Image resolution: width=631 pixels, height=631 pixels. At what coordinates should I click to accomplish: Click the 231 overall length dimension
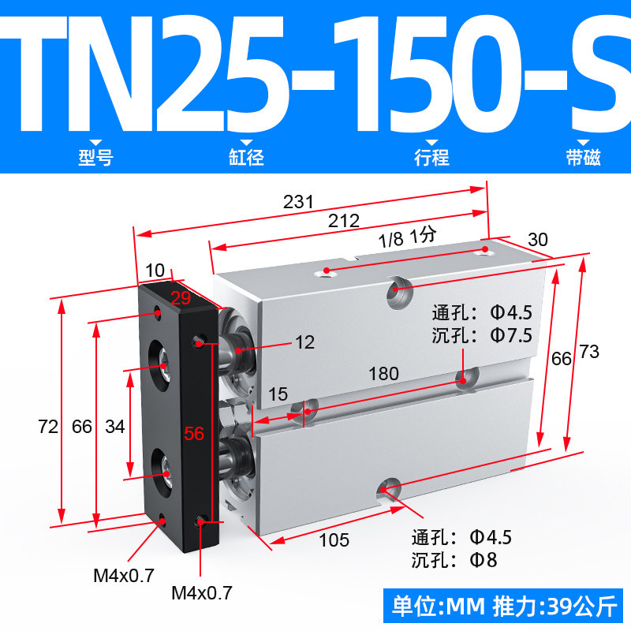[x=298, y=202]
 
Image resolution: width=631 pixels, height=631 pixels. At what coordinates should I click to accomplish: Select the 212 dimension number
[x=344, y=221]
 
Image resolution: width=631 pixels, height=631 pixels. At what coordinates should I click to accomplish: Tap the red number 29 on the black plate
[x=181, y=298]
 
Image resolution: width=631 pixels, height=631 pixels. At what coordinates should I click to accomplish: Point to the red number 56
[x=194, y=433]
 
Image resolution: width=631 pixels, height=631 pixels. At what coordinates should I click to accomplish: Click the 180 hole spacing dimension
[x=384, y=374]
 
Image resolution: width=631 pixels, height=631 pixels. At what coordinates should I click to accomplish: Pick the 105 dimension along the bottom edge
[x=334, y=540]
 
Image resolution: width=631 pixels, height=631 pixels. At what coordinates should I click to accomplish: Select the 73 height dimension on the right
[x=589, y=352]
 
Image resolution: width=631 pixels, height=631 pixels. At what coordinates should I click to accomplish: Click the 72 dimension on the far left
[x=48, y=427]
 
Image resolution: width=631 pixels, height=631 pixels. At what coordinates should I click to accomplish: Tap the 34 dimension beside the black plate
[x=115, y=427]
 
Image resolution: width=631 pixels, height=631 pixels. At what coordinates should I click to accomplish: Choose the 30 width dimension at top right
[x=538, y=240]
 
